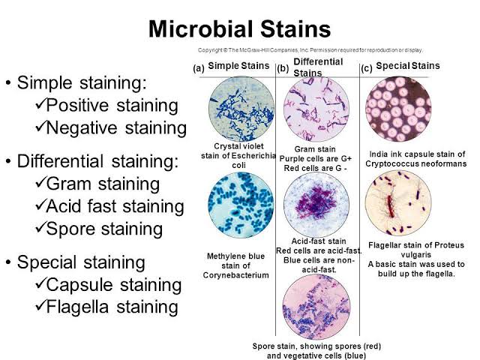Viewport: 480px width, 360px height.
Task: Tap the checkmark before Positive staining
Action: pyautogui.click(x=42, y=105)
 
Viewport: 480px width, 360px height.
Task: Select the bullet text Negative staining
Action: pyautogui.click(x=115, y=127)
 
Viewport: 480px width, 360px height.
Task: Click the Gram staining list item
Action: pyautogui.click(x=103, y=184)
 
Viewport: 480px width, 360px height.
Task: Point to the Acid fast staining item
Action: pyautogui.click(x=115, y=206)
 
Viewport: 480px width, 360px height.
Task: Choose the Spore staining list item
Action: pyautogui.click(x=103, y=228)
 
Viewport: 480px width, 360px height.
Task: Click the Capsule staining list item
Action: pyautogui.click(x=113, y=285)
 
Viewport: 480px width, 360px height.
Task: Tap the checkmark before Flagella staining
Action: pyautogui.click(x=42, y=307)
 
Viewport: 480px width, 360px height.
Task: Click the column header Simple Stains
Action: pyautogui.click(x=238, y=66)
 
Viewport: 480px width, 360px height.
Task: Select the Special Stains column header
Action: pyautogui.click(x=407, y=66)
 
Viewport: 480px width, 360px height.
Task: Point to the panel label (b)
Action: pyautogui.click(x=283, y=68)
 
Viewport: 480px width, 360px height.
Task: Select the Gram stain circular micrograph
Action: pyautogui.click(x=318, y=109)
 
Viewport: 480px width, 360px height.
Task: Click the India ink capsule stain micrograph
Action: pyautogui.click(x=397, y=109)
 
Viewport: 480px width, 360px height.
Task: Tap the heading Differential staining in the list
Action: pyautogui.click(x=98, y=161)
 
